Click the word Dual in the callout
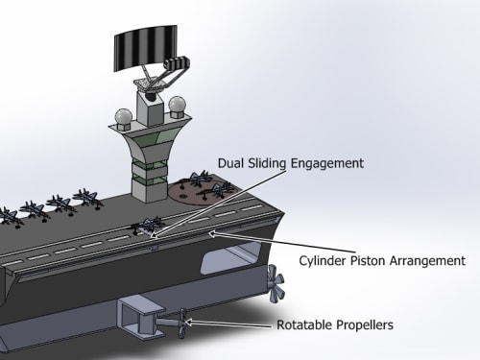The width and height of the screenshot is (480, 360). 229,163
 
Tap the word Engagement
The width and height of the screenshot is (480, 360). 327,164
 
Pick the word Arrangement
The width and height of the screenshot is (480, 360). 427,261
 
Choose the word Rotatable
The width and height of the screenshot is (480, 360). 304,324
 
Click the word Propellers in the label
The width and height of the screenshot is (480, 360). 365,325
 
